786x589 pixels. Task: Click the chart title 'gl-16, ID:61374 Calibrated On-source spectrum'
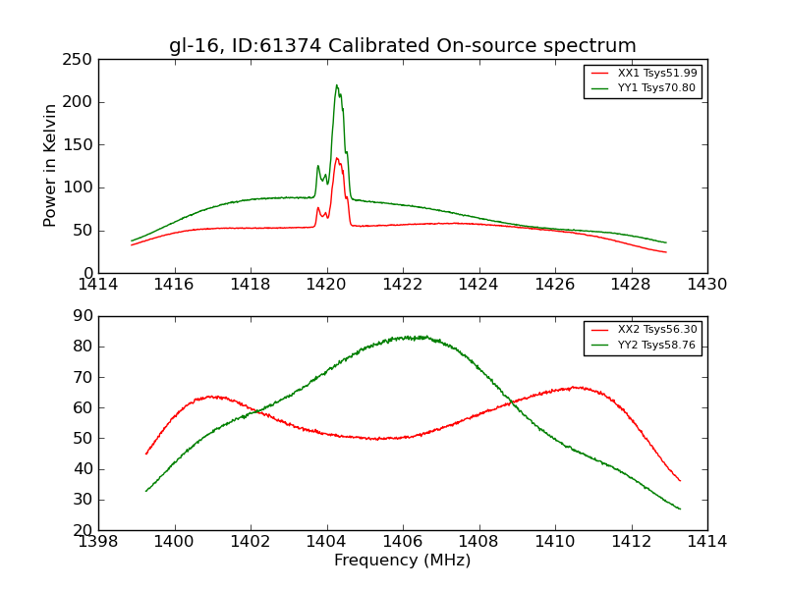coord(402,46)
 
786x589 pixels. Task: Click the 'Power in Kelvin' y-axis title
coord(50,166)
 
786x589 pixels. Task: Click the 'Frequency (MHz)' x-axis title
coord(402,561)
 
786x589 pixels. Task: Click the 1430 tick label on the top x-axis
coord(706,285)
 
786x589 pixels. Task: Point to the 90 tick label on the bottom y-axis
coord(83,316)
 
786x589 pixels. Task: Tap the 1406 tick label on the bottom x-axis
coord(402,541)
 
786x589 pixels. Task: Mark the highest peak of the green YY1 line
coord(336,85)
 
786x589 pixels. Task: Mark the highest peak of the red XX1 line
coord(336,158)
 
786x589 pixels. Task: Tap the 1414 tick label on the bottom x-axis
coord(706,541)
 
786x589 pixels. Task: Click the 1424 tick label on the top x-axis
coord(478,285)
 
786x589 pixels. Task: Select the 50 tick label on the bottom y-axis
coord(83,439)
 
